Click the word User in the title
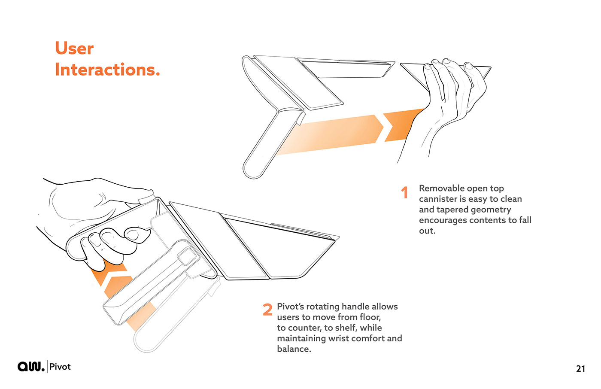click(74, 48)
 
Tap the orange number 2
click(267, 309)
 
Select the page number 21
click(580, 368)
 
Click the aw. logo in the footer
click(30, 366)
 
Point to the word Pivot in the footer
click(60, 367)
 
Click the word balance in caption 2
click(294, 349)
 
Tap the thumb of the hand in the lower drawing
click(138, 234)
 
